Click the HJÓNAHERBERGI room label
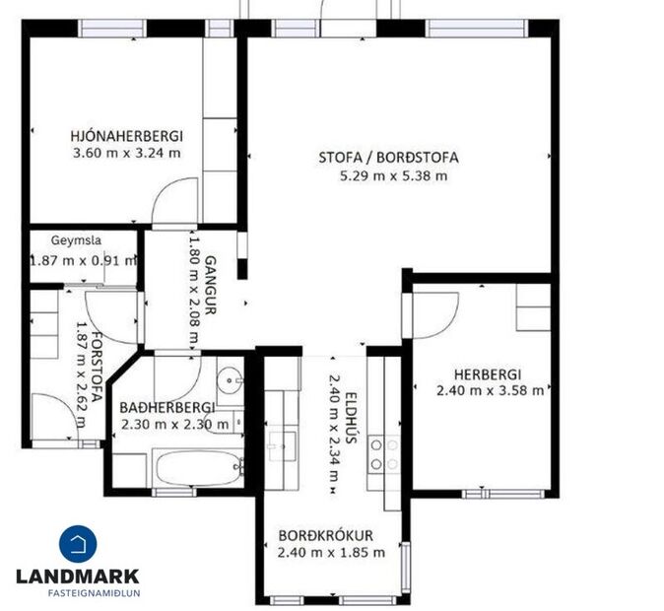click(x=126, y=136)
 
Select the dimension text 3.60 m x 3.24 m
click(x=126, y=153)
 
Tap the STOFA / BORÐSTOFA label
click(x=388, y=157)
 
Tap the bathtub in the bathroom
click(x=198, y=467)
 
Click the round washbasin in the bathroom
click(x=231, y=380)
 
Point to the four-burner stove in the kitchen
click(x=383, y=454)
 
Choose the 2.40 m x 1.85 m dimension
click(x=331, y=552)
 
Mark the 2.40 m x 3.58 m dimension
click(x=490, y=389)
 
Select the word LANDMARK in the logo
click(x=78, y=577)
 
